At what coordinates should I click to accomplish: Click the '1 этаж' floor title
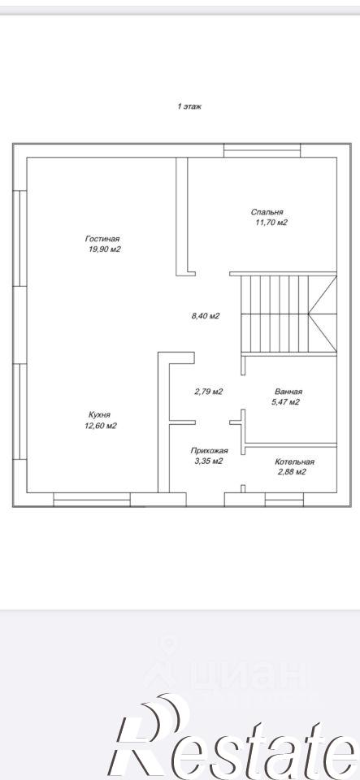189,106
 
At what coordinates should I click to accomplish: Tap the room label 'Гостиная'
102,239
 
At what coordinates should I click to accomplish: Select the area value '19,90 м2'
105,249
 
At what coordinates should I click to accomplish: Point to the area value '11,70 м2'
271,223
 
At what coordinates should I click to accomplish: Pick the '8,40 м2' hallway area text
206,315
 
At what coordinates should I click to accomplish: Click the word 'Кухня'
99,414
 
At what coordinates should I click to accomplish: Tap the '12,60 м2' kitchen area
101,425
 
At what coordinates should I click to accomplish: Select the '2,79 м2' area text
208,392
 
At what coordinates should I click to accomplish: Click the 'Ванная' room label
288,392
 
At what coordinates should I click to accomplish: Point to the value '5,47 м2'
285,402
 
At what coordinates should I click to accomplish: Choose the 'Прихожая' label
210,451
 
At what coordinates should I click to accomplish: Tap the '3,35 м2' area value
208,461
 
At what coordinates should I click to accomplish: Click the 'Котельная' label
295,461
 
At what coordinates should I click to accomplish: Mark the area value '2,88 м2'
291,472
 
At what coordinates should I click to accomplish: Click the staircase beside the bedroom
288,314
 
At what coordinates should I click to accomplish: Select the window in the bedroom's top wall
262,150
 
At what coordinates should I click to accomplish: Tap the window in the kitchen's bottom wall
92,500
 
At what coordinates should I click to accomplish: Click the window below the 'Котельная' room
284,500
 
